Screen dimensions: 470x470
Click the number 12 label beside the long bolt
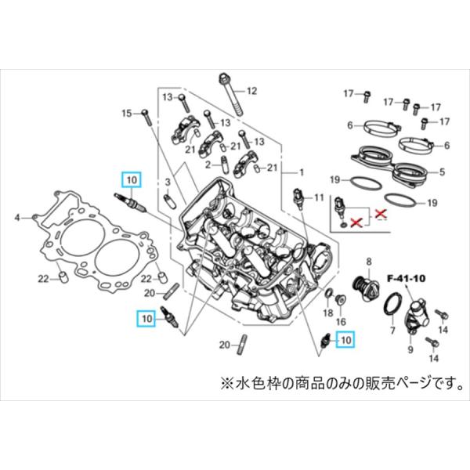tap(251, 91)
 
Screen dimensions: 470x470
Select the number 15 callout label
tap(127, 114)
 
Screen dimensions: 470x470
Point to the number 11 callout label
tap(317, 197)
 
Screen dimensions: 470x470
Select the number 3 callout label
tap(166, 182)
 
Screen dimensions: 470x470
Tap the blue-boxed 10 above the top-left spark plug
tap(131, 179)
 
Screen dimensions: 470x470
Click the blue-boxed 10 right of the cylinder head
tap(345, 339)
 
